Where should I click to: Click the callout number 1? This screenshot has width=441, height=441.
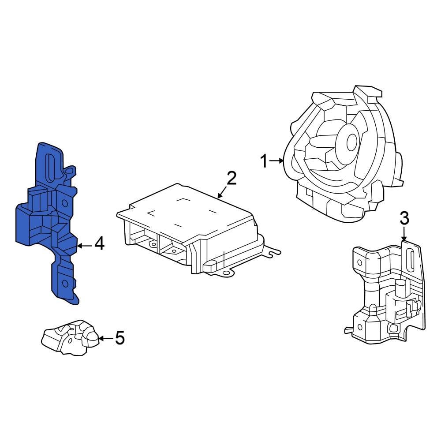[x=264, y=161]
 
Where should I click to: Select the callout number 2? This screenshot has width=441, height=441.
[x=231, y=178]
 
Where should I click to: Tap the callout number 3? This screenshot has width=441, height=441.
[x=404, y=218]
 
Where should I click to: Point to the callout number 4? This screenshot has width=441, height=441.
[x=99, y=243]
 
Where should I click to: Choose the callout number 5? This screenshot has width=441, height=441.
[x=120, y=338]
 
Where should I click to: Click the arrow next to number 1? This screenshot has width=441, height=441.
[x=277, y=161]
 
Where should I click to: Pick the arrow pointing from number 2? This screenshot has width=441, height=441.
[x=222, y=192]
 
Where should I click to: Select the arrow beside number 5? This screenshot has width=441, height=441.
[x=105, y=338]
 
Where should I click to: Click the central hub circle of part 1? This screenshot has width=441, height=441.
[x=351, y=142]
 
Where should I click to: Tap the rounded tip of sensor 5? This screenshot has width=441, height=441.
[x=92, y=338]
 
